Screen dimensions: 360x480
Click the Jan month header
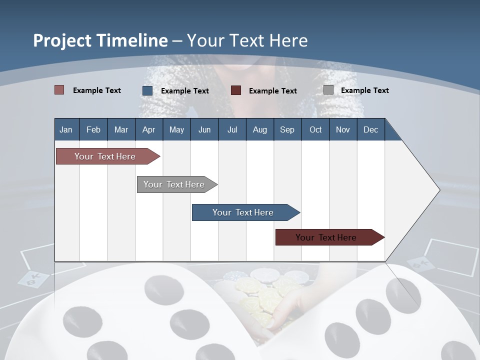pos(66,129)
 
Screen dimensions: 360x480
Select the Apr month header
pos(148,129)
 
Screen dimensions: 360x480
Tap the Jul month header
pos(232,129)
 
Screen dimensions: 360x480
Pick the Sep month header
pos(287,129)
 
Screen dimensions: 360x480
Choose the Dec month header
pos(370,129)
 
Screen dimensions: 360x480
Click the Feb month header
pos(93,129)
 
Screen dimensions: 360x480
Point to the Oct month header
pos(315,129)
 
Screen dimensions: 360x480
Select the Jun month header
pos(204,129)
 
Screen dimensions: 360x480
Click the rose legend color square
pos(59,90)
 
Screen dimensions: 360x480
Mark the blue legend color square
pos(147,90)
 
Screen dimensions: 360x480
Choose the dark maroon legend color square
pos(236,90)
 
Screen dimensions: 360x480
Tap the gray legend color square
pos(328,90)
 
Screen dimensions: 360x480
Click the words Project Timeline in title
pos(100,40)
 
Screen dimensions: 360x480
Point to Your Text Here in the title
pos(247,40)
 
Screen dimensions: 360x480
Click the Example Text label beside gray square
pos(364,90)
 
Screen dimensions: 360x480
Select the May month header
pos(176,129)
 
